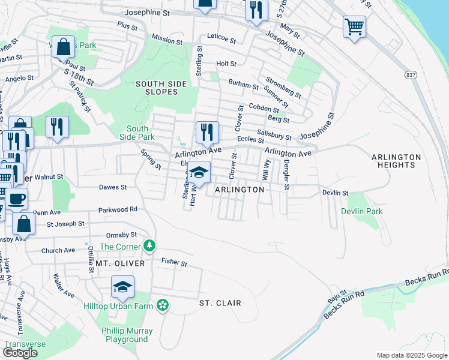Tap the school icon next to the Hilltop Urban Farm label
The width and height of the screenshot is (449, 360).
(x=122, y=287)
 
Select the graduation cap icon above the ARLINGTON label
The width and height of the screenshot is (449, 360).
(x=199, y=172)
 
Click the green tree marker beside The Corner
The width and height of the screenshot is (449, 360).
(x=149, y=246)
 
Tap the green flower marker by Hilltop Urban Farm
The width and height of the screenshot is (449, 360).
(x=161, y=306)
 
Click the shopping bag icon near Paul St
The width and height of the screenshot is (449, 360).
(x=63, y=47)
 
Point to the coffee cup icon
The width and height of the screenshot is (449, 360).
(x=17, y=198)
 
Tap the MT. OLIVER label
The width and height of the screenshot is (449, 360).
(x=120, y=263)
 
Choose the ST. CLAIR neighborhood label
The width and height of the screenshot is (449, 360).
(x=220, y=303)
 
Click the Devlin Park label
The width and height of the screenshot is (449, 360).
(x=361, y=211)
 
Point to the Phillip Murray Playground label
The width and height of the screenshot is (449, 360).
(x=127, y=335)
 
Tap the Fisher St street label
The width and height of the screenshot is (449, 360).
(x=174, y=262)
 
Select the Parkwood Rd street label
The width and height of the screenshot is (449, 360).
(x=118, y=209)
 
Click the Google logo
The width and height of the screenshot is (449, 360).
(x=20, y=353)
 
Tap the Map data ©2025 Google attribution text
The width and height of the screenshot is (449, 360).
(x=411, y=355)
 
